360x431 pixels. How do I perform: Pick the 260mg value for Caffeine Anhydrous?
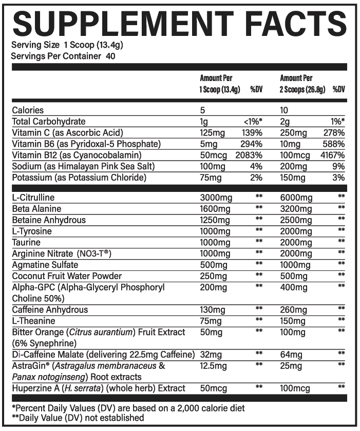pyautogui.click(x=293, y=309)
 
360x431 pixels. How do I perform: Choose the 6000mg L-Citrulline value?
pyautogui.click(x=296, y=198)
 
